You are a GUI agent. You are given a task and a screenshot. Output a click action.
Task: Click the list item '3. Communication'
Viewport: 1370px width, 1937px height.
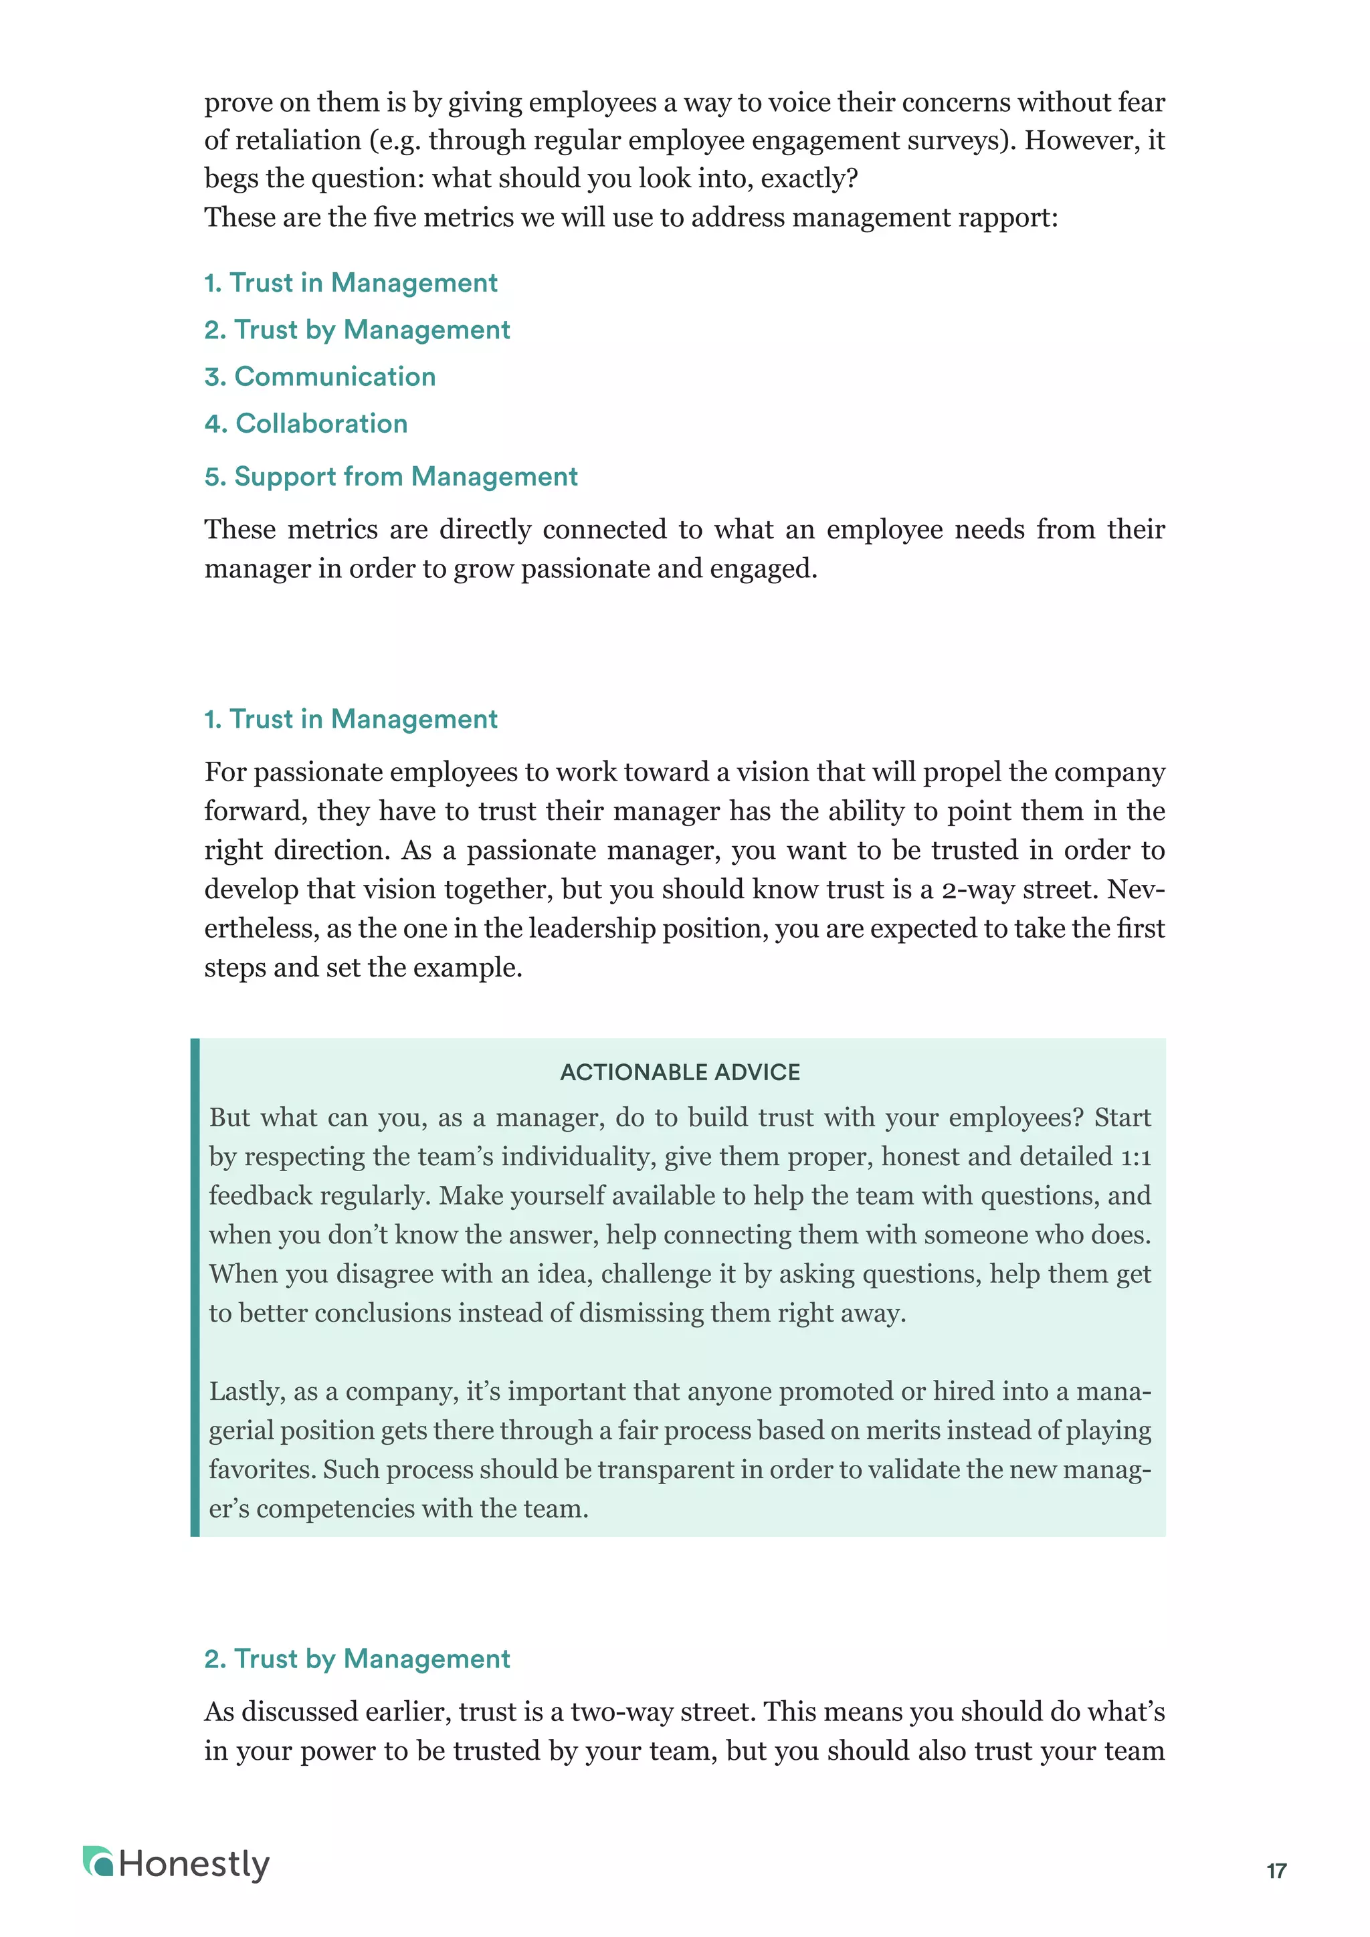(320, 377)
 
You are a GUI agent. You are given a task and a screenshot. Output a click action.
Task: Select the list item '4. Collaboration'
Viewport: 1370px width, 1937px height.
(306, 423)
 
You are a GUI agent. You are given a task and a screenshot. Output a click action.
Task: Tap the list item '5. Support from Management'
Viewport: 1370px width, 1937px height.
(391, 477)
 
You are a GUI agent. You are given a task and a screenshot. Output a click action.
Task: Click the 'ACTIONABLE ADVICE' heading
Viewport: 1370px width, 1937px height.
(680, 1072)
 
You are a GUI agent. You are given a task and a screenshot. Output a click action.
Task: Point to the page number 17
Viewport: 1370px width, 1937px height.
(1276, 1871)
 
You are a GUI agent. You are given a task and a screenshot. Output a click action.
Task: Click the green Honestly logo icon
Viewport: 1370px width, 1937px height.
(98, 1862)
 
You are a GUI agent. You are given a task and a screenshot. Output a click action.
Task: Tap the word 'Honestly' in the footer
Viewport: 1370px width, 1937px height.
(194, 1865)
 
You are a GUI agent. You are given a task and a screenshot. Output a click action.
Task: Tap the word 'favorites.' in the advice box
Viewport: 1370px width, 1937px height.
(262, 1469)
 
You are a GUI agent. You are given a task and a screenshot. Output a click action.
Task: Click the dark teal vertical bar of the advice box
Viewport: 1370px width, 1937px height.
(195, 1287)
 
